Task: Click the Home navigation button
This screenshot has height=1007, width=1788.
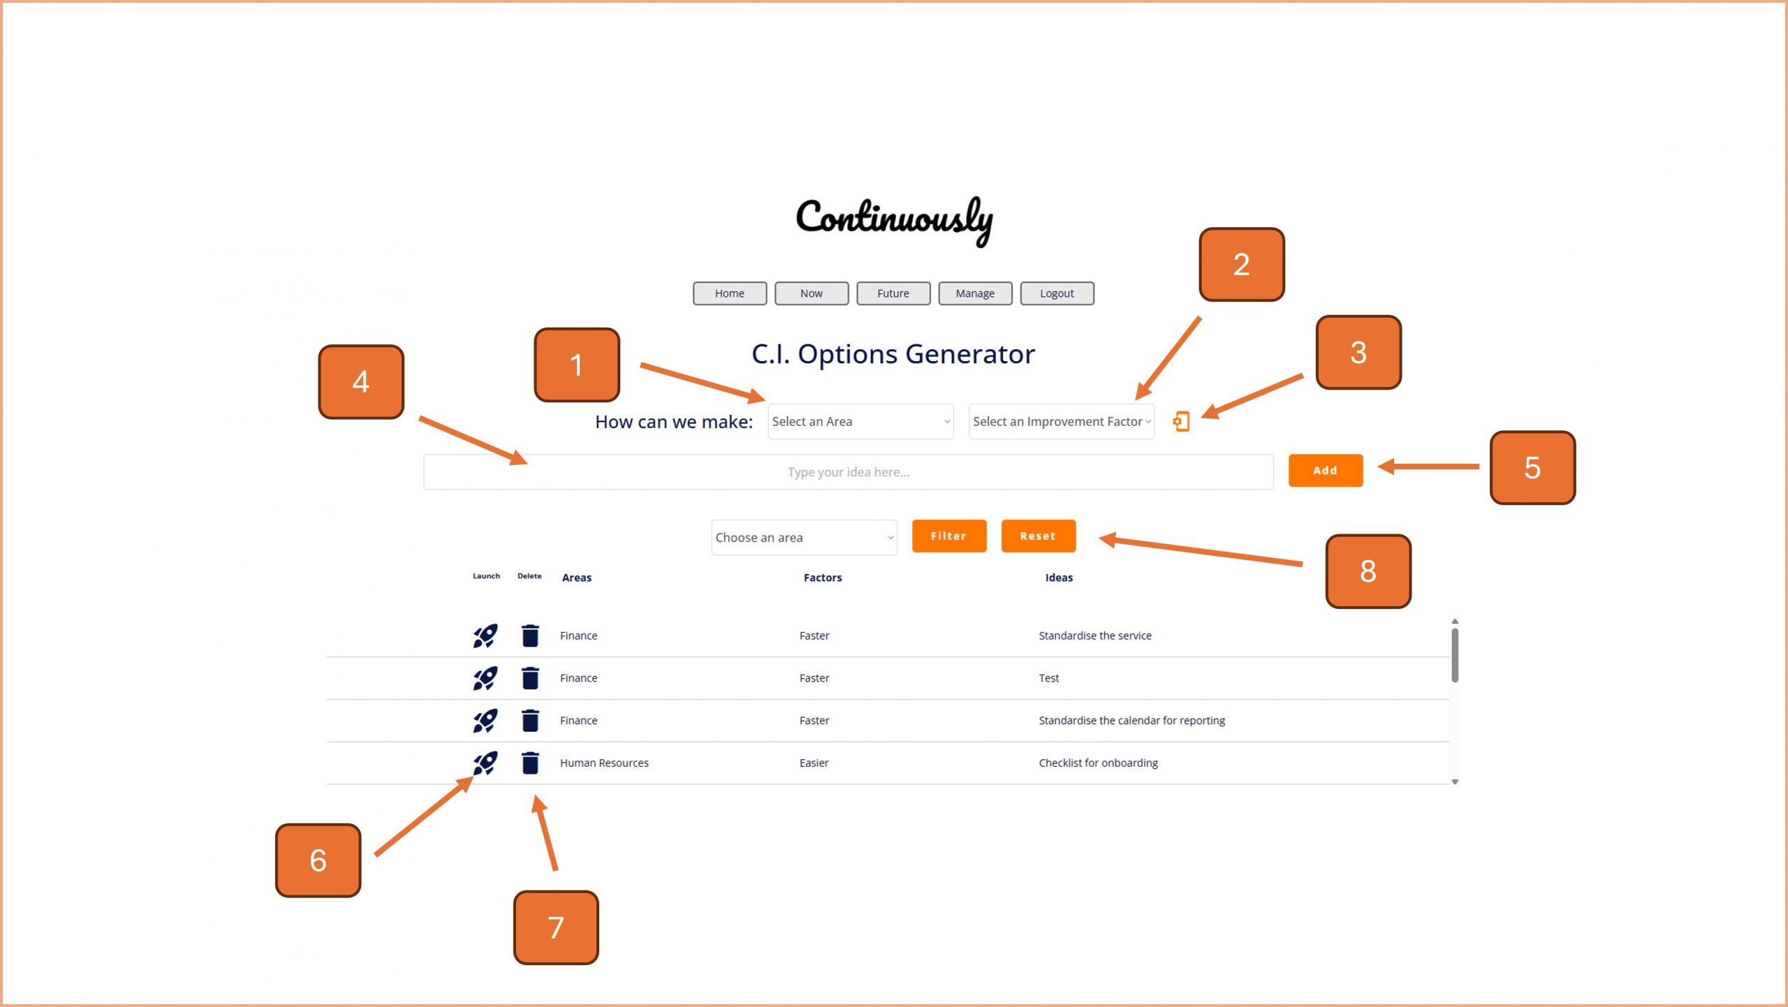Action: coord(729,293)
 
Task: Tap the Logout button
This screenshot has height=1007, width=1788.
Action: coord(1056,293)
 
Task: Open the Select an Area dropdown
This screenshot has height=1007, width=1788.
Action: coord(860,421)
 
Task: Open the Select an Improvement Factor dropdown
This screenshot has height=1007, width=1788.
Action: coord(1060,421)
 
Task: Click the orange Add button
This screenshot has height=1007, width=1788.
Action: coord(1324,470)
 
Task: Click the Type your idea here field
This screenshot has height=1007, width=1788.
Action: coord(848,472)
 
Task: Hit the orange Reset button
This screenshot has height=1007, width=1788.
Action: coord(1037,536)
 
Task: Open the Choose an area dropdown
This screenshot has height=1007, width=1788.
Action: coord(803,537)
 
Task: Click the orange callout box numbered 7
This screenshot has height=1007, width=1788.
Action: coord(555,927)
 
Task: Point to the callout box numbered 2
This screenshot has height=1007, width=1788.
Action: coord(1240,264)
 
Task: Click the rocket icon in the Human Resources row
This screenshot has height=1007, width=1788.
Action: coord(485,763)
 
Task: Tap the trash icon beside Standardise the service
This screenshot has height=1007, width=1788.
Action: coord(530,635)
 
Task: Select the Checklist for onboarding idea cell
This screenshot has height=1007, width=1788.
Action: coord(1097,763)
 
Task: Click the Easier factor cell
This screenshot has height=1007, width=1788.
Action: coord(814,763)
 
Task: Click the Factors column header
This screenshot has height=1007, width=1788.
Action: coord(822,578)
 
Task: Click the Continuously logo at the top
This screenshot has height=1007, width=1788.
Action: coord(893,219)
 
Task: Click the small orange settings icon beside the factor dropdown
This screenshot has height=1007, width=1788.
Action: coord(1180,421)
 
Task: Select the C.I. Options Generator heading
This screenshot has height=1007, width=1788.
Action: coord(893,354)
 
